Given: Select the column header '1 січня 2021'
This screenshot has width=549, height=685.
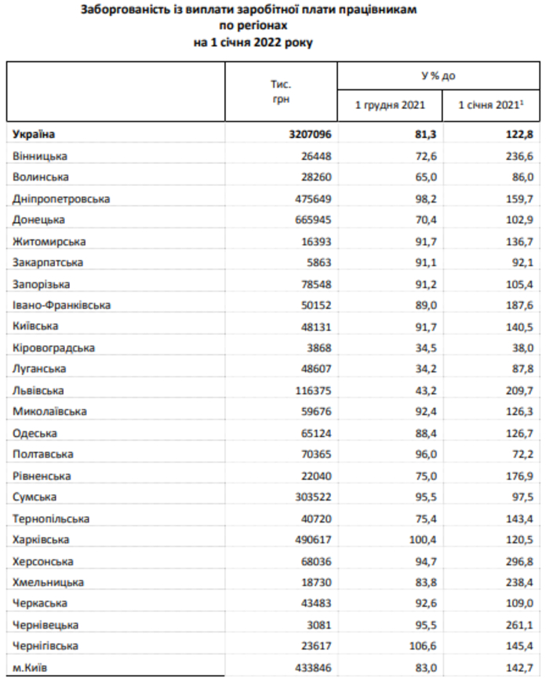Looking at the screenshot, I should pyautogui.click(x=489, y=104).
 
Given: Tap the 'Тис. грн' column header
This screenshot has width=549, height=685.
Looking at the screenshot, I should pyautogui.click(x=281, y=90).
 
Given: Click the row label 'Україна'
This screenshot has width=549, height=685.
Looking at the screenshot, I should pyautogui.click(x=35, y=134).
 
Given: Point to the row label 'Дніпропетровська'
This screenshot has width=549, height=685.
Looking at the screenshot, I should pyautogui.click(x=61, y=199).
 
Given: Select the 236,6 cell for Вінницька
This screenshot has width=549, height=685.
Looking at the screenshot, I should pyautogui.click(x=518, y=156).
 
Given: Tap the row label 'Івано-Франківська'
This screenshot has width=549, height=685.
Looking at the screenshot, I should pyautogui.click(x=62, y=304).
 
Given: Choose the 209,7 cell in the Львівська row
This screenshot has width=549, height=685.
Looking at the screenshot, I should pyautogui.click(x=518, y=390).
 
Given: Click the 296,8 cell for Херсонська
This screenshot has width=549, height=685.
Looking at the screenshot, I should pyautogui.click(x=518, y=561).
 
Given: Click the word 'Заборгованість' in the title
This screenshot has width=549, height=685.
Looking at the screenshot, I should pyautogui.click(x=129, y=12).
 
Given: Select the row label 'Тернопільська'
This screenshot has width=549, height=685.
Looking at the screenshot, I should pyautogui.click(x=51, y=519).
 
